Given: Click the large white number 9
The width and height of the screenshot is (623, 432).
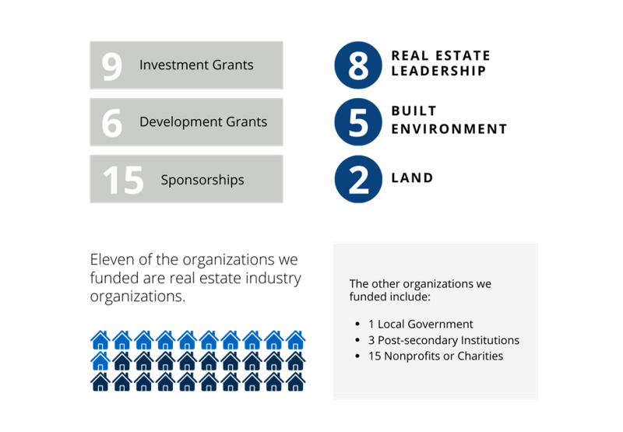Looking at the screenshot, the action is (x=111, y=66).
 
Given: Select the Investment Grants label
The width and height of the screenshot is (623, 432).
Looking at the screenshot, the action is (x=196, y=65).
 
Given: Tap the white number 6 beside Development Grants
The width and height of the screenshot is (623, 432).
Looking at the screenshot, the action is (x=111, y=123).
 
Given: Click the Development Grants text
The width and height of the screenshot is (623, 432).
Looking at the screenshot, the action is (x=203, y=121).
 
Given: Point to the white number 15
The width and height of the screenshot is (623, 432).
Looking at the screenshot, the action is (x=123, y=180).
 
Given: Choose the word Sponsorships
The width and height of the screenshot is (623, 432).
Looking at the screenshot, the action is (x=202, y=180).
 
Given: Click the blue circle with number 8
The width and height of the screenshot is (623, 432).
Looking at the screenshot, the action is (x=358, y=65).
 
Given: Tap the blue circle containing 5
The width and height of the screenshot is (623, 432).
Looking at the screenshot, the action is (x=358, y=122).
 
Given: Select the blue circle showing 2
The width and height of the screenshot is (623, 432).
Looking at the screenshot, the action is (x=358, y=179).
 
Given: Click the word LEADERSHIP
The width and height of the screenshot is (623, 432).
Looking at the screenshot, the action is (x=438, y=71).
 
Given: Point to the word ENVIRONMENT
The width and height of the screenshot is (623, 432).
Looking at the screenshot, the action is (x=449, y=129).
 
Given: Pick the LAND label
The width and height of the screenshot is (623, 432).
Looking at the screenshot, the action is (x=412, y=178).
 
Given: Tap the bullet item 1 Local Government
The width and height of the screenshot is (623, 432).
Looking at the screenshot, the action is (x=421, y=324).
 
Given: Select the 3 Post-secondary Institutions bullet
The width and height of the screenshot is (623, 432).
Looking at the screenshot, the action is (x=444, y=340).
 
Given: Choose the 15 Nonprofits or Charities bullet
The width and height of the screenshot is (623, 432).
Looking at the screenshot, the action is (x=435, y=356).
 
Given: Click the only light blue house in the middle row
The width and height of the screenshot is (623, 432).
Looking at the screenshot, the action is (x=100, y=361).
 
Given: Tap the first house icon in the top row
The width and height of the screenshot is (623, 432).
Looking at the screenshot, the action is (x=100, y=340).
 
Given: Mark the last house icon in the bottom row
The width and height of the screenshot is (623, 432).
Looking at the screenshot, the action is (x=296, y=382).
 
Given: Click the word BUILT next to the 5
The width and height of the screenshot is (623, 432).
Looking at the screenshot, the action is (x=414, y=111).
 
